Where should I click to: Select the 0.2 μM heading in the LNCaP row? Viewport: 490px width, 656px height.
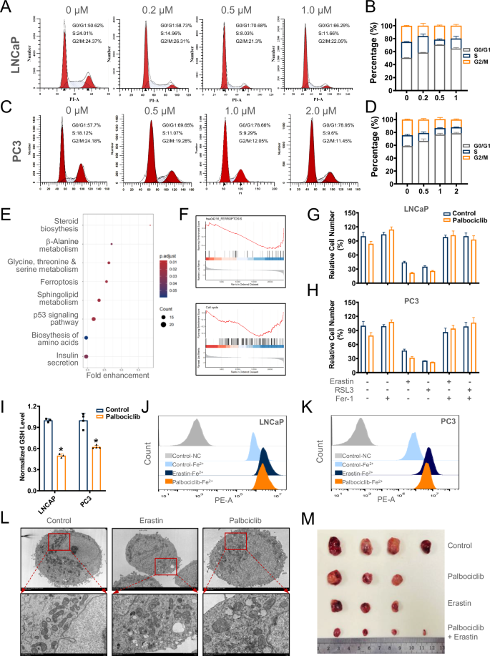152,12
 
